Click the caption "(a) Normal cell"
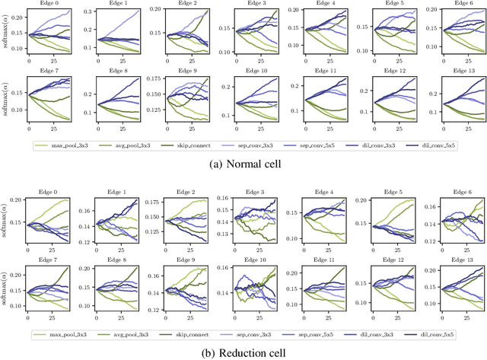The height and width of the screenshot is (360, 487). tap(243, 162)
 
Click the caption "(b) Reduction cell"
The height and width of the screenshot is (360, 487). tap(243, 352)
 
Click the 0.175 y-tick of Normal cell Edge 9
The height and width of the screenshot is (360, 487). tap(154, 78)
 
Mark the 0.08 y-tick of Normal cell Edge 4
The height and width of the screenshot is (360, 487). tap(287, 53)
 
